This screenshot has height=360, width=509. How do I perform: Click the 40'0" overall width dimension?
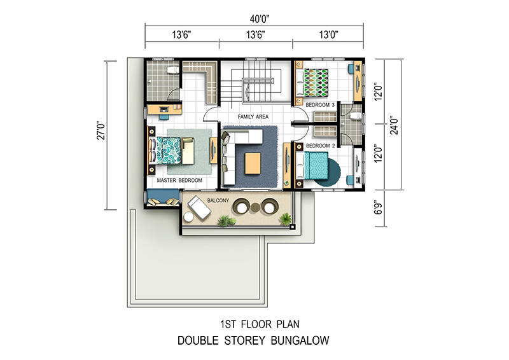pos(260,19)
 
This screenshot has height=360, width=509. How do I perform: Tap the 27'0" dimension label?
pos(101,130)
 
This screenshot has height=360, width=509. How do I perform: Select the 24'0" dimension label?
pos(394,125)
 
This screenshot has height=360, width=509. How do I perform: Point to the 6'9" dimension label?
pos(379,208)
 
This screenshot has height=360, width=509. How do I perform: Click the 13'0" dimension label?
pos(328,34)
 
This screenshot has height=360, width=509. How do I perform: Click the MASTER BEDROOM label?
pos(179,180)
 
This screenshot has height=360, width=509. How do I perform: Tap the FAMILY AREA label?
pos(253,116)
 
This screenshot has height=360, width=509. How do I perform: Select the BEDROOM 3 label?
pos(320,105)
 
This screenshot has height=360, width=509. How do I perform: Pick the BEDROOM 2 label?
pos(321,146)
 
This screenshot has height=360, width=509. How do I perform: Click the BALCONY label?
pos(218,200)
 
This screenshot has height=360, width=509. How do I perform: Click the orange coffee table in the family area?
pos(253,163)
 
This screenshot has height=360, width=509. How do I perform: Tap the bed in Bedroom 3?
pos(312,83)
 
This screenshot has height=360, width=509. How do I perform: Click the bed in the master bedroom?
pos(165,151)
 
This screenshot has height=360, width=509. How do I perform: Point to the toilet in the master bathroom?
pos(172,70)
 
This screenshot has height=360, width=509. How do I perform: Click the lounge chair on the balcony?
pos(199,208)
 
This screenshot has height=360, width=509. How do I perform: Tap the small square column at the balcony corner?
pos(292,226)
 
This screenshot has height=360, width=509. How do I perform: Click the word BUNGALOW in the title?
pos(300,340)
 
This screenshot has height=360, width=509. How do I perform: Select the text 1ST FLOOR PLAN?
pos(260,324)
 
